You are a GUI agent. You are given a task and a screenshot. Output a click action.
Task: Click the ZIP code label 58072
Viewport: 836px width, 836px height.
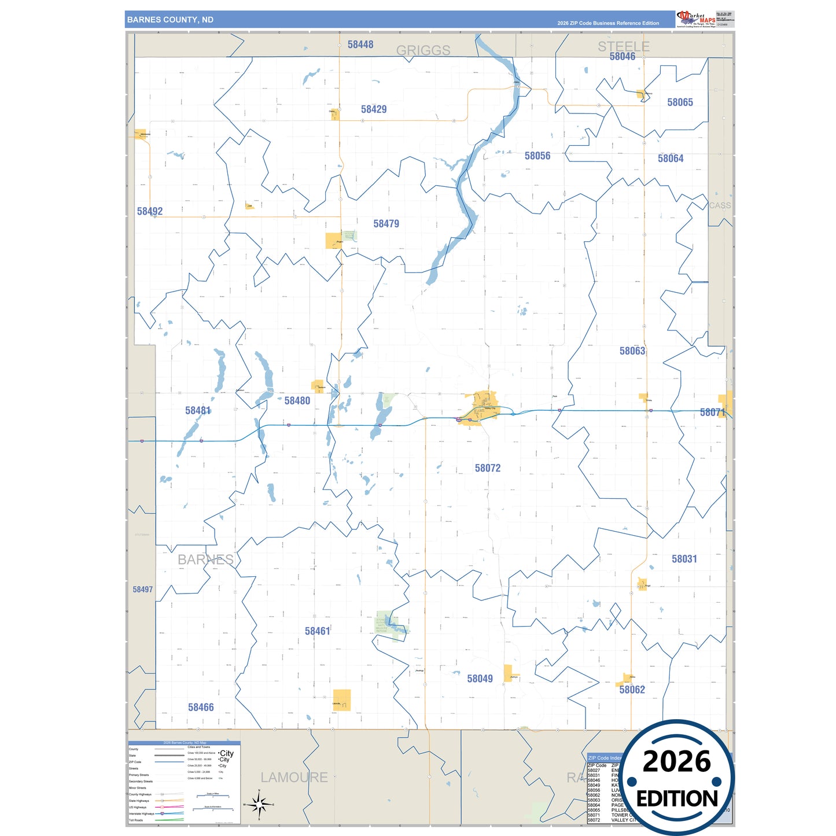pyautogui.click(x=488, y=468)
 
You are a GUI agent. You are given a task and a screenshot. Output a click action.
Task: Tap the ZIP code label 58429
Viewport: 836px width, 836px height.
pyautogui.click(x=374, y=109)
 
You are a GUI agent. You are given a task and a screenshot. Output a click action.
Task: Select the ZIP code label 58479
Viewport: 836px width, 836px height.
pyautogui.click(x=386, y=224)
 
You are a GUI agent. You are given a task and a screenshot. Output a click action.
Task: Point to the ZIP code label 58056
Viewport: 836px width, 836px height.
pyautogui.click(x=537, y=156)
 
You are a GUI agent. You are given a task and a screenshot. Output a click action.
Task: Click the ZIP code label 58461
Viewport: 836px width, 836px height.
pyautogui.click(x=318, y=631)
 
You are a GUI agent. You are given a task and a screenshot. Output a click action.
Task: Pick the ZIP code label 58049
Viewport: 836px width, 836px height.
pyautogui.click(x=480, y=679)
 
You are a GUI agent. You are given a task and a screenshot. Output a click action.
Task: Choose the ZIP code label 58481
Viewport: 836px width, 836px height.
pyautogui.click(x=198, y=411)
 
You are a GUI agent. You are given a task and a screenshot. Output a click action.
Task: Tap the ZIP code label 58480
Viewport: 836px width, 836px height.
pyautogui.click(x=297, y=400)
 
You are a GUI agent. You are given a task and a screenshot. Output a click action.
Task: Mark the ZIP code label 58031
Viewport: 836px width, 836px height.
pyautogui.click(x=684, y=559)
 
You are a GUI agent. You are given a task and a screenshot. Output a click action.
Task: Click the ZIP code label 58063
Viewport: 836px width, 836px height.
pyautogui.click(x=632, y=351)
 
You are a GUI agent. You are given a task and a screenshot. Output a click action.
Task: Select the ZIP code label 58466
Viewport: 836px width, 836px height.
pyautogui.click(x=201, y=707)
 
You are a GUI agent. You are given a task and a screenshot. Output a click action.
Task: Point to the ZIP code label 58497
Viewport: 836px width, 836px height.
pyautogui.click(x=143, y=590)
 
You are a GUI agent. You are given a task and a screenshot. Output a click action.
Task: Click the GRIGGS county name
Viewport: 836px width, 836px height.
pyautogui.click(x=423, y=51)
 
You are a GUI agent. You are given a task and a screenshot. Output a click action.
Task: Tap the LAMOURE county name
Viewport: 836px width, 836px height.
pyautogui.click(x=294, y=778)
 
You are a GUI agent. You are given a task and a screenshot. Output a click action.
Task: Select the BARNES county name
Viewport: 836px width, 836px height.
pyautogui.click(x=205, y=560)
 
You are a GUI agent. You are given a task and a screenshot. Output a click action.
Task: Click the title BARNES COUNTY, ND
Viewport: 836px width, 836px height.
pyautogui.click(x=170, y=20)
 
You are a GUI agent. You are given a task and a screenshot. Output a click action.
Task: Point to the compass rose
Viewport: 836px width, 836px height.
pyautogui.click(x=259, y=804)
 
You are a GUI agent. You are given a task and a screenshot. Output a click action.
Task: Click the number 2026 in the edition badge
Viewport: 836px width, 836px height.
pyautogui.click(x=676, y=762)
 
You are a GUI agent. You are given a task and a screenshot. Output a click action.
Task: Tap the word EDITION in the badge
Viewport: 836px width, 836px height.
pyautogui.click(x=677, y=799)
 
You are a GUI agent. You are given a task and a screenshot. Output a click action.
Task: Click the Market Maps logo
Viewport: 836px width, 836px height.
pyautogui.click(x=696, y=19)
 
